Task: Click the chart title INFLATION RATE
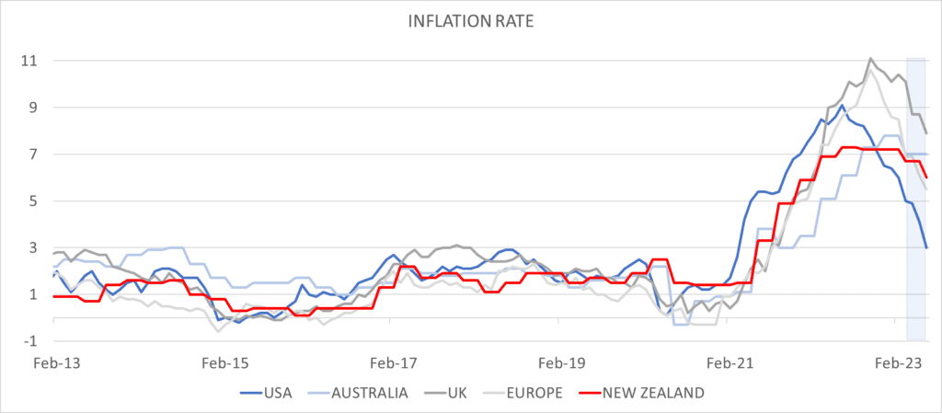point(470,20)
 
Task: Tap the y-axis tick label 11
point(29,61)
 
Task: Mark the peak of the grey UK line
point(870,59)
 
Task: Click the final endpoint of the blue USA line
point(926,247)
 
